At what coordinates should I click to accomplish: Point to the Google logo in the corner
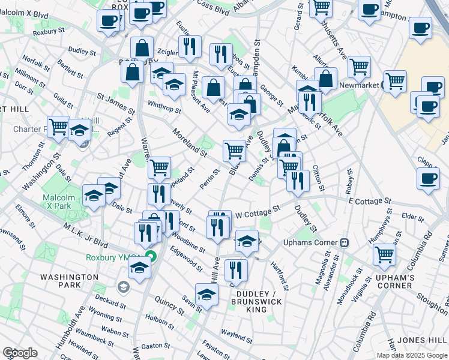tap(20, 353)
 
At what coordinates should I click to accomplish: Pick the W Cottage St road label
tap(258, 212)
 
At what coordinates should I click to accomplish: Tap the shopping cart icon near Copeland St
tap(159, 167)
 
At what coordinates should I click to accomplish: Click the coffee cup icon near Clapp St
tap(427, 179)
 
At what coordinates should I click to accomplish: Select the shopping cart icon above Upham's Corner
tap(384, 253)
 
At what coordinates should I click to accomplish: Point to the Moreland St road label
tap(189, 143)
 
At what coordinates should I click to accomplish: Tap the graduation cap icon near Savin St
tap(206, 296)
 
